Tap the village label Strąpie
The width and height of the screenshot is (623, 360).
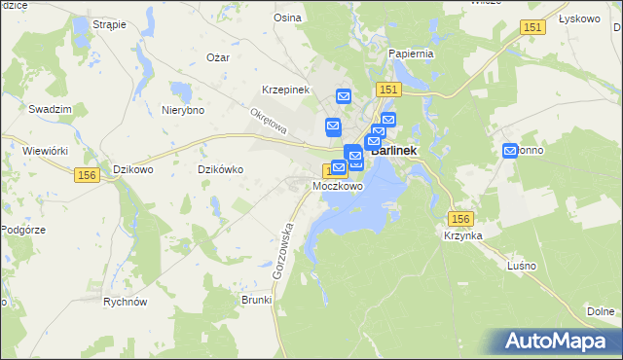110,23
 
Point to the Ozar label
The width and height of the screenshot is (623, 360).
217,57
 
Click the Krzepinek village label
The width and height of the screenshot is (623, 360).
285,90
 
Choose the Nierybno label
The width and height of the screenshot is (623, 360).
183,110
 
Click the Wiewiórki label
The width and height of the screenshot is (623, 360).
44,151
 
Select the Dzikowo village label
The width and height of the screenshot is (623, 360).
135,169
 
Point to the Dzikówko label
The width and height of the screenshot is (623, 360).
220,169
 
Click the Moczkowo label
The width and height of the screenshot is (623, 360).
338,186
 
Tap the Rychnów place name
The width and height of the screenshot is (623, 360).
125,302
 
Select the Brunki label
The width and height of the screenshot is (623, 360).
256,300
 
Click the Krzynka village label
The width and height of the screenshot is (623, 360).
463,236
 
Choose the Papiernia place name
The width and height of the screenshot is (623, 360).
410,54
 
